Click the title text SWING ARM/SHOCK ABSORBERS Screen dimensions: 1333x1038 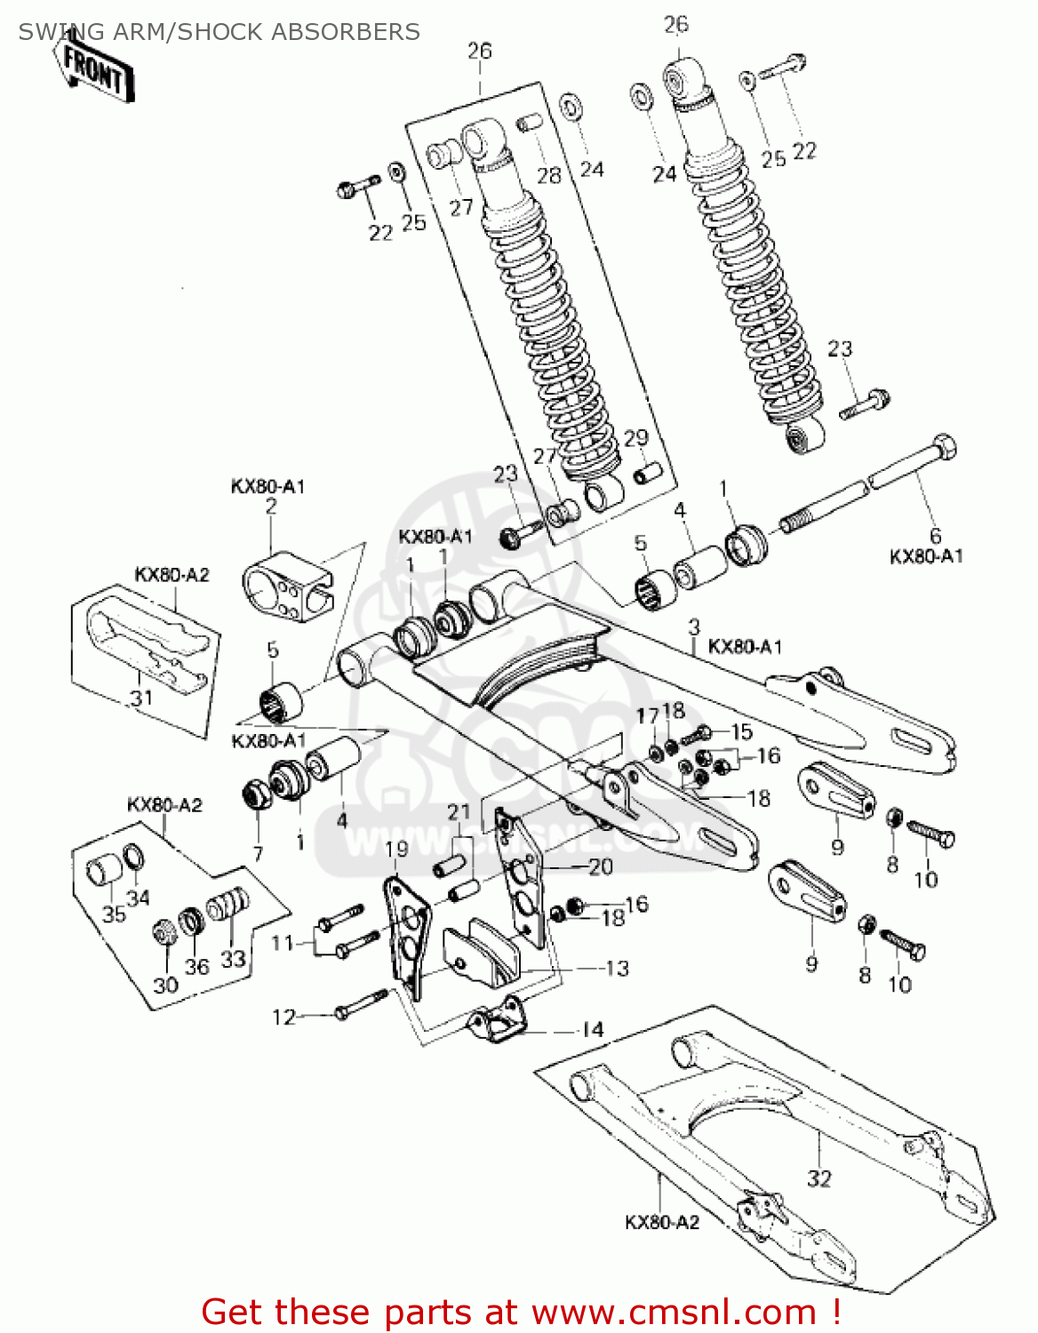click(x=219, y=32)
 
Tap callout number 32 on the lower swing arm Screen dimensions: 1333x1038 click(x=818, y=1178)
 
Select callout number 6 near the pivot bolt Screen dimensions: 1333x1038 click(x=935, y=536)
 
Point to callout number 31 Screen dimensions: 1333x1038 click(x=140, y=698)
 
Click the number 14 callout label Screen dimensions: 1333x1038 click(x=593, y=1030)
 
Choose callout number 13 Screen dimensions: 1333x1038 click(x=617, y=968)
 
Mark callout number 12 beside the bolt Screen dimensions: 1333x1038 click(x=283, y=1017)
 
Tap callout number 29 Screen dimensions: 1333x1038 click(x=636, y=438)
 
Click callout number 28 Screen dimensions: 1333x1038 click(x=549, y=175)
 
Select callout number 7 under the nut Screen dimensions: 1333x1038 click(x=258, y=854)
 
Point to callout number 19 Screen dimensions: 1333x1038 click(x=396, y=849)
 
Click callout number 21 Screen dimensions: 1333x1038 click(x=459, y=811)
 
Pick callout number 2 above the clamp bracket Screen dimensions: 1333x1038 click(x=271, y=507)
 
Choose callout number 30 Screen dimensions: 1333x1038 click(x=166, y=985)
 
